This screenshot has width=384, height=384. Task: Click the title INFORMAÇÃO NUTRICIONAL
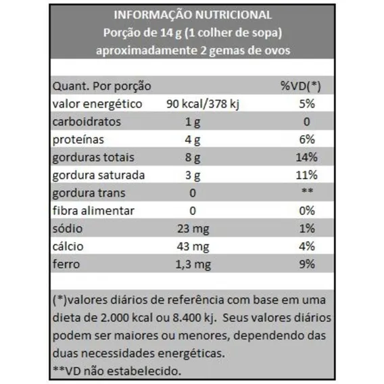coord(193,15)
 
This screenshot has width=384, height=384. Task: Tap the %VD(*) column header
coord(300,86)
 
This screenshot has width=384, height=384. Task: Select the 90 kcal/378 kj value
coord(203,104)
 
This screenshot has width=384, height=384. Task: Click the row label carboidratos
coord(87,122)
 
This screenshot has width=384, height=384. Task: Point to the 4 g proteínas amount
coord(193,140)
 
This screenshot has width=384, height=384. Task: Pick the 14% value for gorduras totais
coord(307,158)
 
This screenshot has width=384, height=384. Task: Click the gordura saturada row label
coord(99,175)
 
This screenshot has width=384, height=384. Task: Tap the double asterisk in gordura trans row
coord(307,191)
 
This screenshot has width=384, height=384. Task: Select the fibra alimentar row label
coord(93,211)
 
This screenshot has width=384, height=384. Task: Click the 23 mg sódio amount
coord(193,229)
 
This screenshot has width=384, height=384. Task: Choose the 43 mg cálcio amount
coord(193,247)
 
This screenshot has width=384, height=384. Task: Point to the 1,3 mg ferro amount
coord(193,264)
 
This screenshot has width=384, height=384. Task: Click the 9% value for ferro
coord(307,264)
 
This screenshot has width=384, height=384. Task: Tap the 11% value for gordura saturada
coord(307,175)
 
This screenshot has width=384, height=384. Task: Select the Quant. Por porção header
coord(102,87)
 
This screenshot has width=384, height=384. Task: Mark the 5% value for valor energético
coord(307,104)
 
